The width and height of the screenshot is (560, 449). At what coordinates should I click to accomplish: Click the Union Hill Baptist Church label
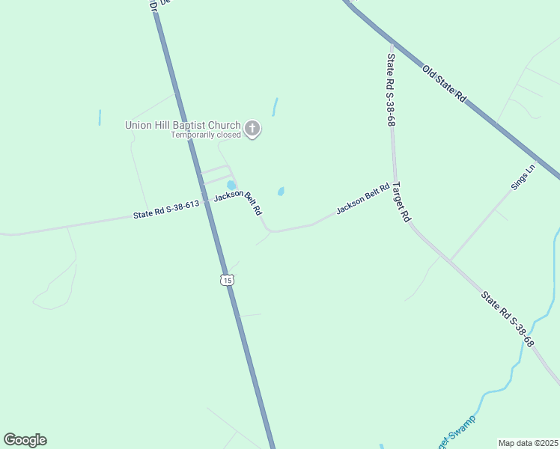pyautogui.click(x=183, y=125)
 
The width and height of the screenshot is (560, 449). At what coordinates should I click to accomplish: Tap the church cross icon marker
pyautogui.click(x=252, y=129)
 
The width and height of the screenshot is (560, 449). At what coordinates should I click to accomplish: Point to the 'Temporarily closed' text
pyautogui.click(x=206, y=135)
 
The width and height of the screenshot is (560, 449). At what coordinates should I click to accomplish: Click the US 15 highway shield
pyautogui.click(x=227, y=280)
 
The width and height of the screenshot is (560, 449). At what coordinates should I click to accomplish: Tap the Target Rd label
pyautogui.click(x=402, y=202)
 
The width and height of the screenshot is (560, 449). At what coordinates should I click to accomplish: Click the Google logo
pyautogui.click(x=25, y=440)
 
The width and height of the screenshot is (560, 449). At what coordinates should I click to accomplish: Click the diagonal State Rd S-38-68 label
pyautogui.click(x=508, y=320)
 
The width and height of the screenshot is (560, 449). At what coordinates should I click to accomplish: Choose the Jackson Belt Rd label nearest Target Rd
pyautogui.click(x=363, y=200)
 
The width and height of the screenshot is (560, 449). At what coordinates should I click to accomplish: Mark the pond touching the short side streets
pyautogui.click(x=231, y=185)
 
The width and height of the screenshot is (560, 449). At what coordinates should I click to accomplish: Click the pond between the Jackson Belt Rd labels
pyautogui.click(x=281, y=192)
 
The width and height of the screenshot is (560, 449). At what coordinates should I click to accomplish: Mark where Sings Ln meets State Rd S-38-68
pyautogui.click(x=450, y=261)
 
